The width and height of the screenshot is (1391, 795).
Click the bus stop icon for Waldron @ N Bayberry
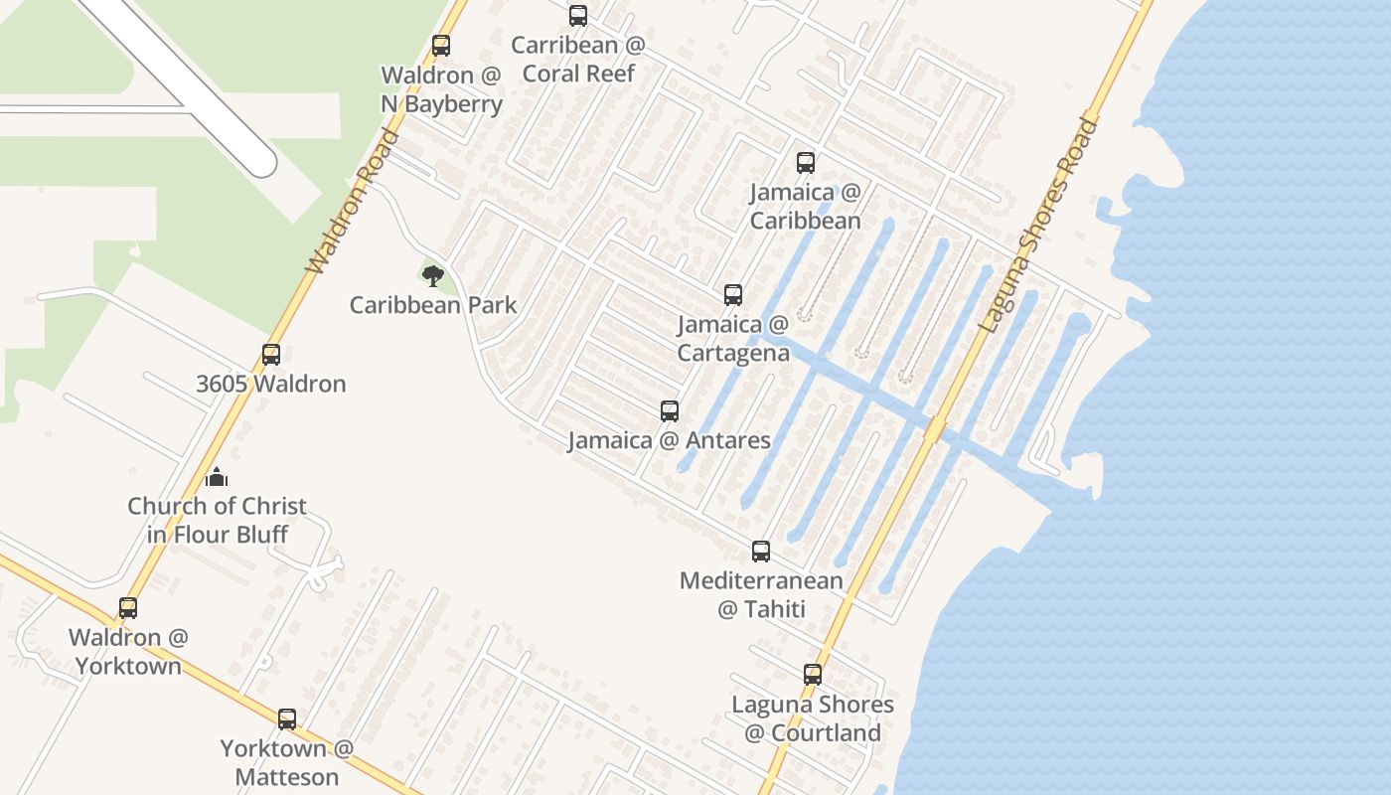click(441, 46)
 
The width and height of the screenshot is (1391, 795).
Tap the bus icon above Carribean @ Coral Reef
click(578, 16)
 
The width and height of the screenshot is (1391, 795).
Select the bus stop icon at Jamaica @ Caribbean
click(806, 163)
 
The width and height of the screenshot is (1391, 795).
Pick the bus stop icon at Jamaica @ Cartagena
click(733, 295)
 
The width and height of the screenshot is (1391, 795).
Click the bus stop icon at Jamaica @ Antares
click(670, 411)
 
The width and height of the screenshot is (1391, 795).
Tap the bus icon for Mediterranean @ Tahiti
click(761, 552)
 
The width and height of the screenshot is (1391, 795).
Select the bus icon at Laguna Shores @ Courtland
click(813, 675)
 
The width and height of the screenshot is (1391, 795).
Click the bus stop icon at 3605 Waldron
click(271, 355)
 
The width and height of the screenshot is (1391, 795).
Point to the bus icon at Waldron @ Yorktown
click(128, 608)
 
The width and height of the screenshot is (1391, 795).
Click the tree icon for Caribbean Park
click(432, 275)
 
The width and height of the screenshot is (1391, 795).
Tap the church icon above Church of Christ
click(217, 478)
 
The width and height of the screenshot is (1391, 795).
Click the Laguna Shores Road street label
click(1039, 226)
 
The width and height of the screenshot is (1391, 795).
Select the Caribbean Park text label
click(433, 305)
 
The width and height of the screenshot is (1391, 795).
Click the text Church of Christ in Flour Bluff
click(217, 520)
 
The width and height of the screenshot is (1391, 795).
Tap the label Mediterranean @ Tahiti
click(761, 594)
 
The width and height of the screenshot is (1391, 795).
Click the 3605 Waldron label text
click(271, 384)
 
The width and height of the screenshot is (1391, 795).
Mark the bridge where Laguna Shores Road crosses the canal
click(934, 429)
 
